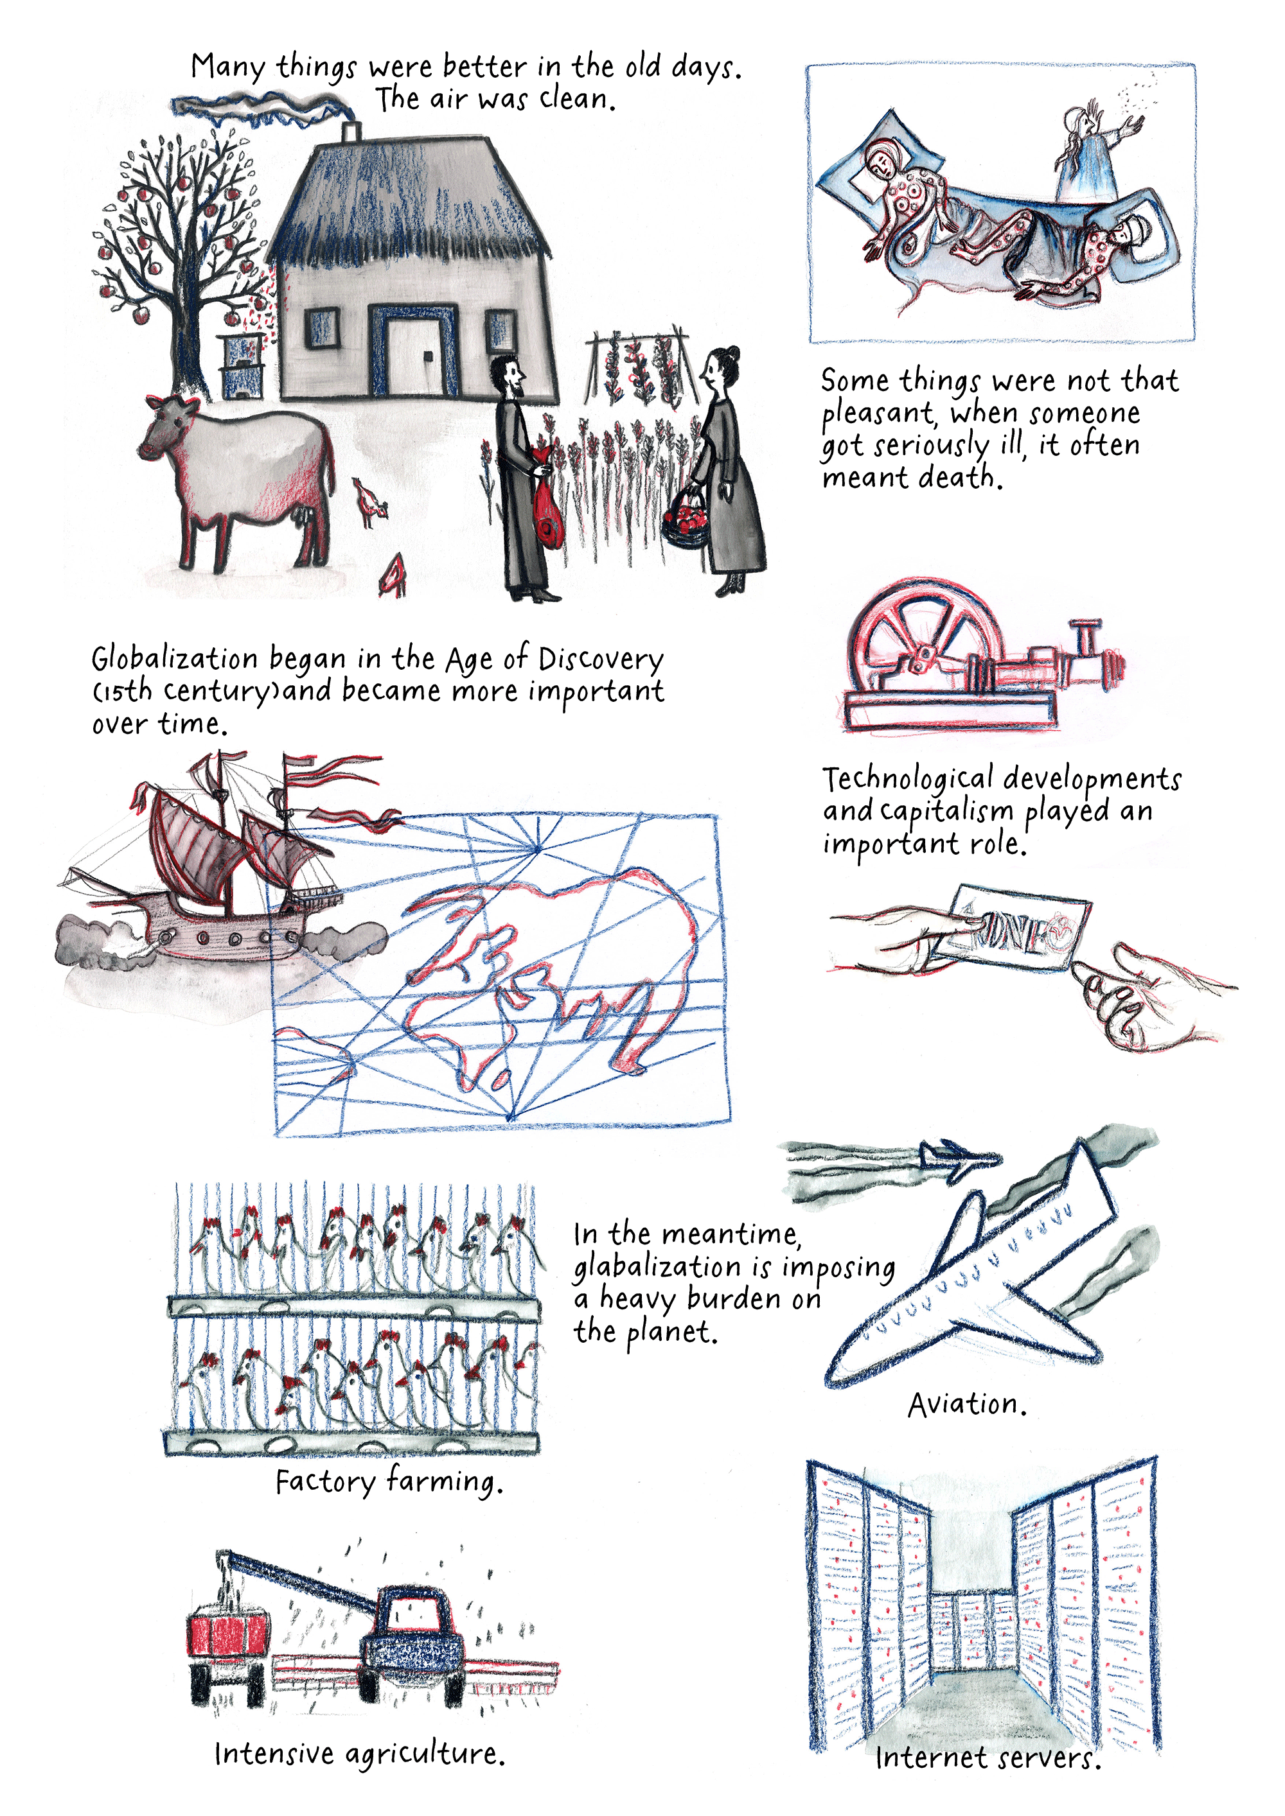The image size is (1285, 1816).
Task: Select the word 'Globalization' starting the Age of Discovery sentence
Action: (x=174, y=658)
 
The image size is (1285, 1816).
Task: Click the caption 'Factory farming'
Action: (x=389, y=1481)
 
